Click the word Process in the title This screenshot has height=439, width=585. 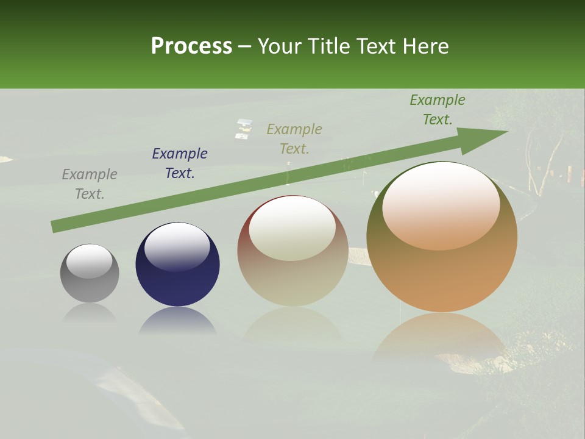click(191, 46)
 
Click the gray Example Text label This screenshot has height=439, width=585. click(90, 184)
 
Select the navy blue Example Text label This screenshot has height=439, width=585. click(180, 163)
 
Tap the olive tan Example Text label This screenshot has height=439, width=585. click(294, 138)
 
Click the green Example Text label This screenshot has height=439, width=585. click(438, 110)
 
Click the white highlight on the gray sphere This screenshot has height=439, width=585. click(90, 261)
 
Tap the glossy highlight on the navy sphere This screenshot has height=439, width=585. click(177, 246)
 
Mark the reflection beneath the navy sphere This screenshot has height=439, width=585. click(177, 321)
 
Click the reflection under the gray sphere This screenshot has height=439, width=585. click(90, 313)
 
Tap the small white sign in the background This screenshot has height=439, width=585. click(244, 128)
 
